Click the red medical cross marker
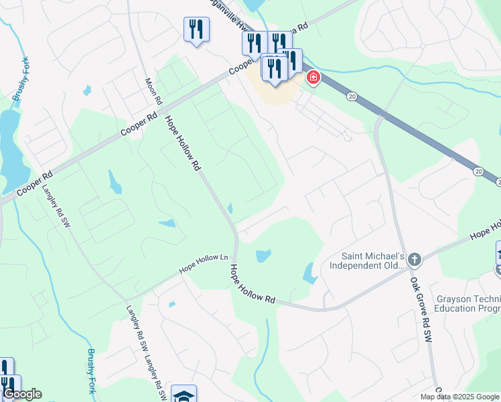coord(313,78)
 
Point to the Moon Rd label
coord(154,90)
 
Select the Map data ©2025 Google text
coord(460,397)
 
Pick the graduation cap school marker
coord(184,395)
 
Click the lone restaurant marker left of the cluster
coord(196,29)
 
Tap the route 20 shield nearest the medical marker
coord(351,96)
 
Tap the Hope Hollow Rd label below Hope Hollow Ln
coord(252,283)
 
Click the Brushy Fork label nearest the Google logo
coord(92,371)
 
